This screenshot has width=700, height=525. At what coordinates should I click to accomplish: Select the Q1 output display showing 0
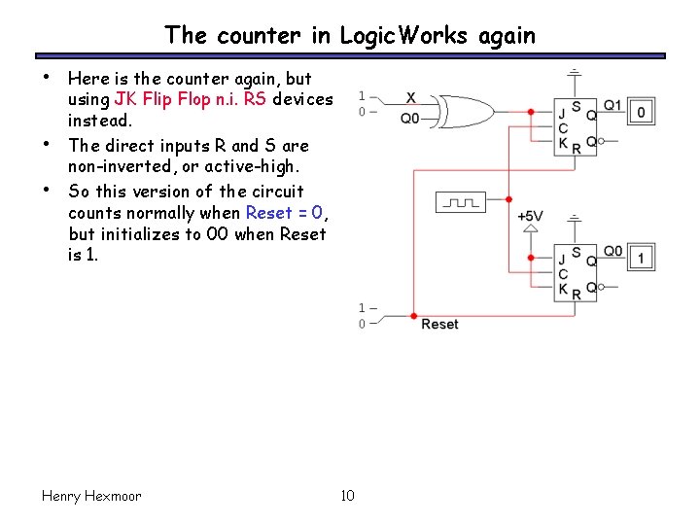pos(641,113)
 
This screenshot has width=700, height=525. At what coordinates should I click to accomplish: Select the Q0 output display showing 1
pos(641,259)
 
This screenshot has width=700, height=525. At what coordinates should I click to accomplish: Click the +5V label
pos(530,215)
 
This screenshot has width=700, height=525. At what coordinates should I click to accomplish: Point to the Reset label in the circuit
pos(439,324)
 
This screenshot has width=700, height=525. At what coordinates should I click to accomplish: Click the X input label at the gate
pos(410,98)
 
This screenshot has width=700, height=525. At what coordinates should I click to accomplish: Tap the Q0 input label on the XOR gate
pos(411,119)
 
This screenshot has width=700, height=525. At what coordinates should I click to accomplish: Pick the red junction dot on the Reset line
pos(414,317)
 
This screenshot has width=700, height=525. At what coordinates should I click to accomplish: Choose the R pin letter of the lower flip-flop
pos(577,293)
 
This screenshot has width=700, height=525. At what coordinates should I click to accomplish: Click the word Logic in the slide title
pos(363,36)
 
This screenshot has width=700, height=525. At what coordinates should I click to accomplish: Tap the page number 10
pos(348,496)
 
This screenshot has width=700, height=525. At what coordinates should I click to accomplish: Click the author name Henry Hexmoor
pos(91,496)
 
